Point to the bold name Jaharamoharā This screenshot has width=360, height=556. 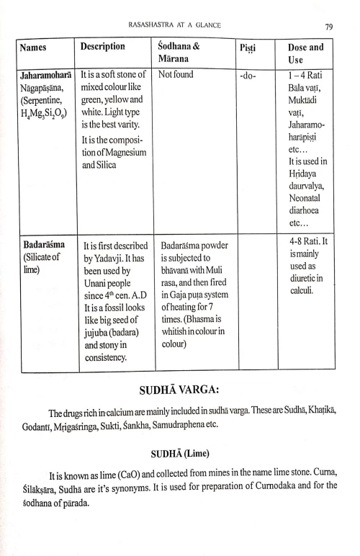pos(47,74)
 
